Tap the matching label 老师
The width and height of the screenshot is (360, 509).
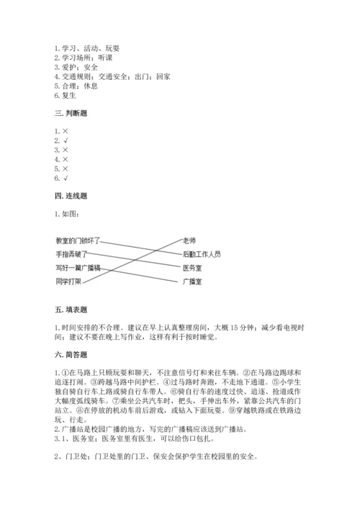point(189,241)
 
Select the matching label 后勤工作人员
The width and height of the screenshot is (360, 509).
point(202,254)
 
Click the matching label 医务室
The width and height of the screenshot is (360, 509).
point(192,267)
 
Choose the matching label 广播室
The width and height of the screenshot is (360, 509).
point(192,281)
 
